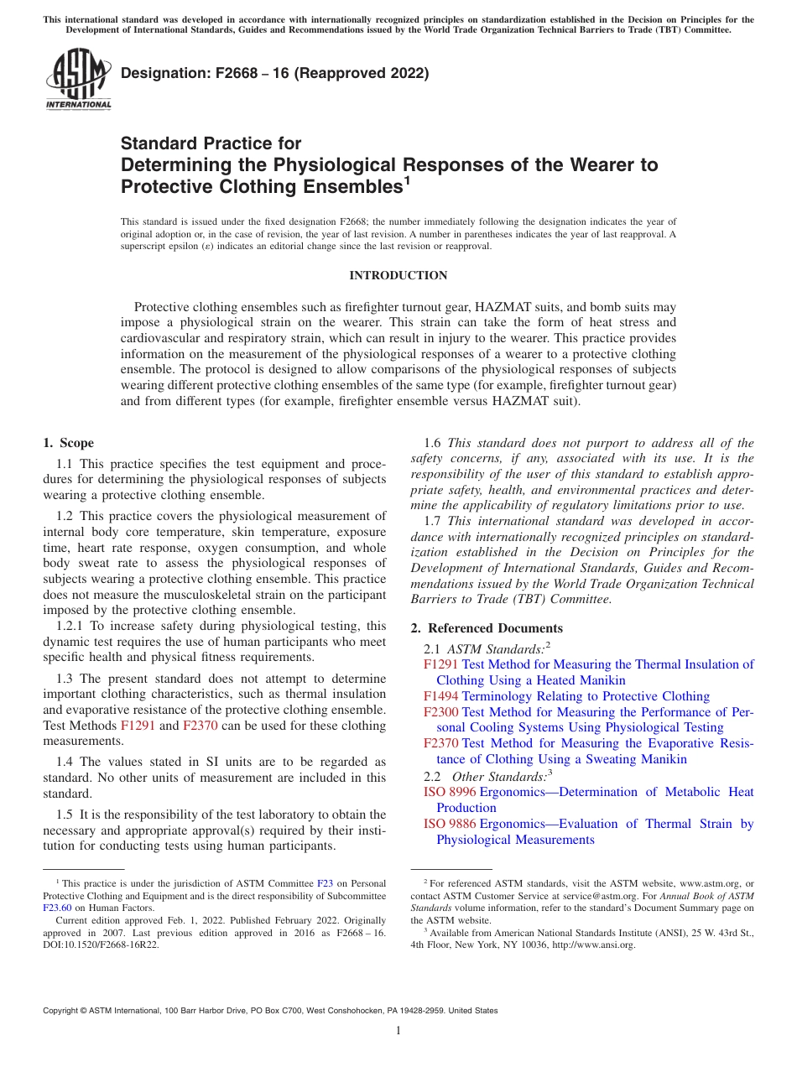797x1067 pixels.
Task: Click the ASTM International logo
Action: (x=78, y=79)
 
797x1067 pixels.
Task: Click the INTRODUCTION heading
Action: (x=398, y=276)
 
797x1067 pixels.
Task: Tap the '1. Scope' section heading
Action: (x=68, y=443)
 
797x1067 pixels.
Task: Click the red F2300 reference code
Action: (x=440, y=712)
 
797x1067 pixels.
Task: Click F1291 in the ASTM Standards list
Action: (x=440, y=664)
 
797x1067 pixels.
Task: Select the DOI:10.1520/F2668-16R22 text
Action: (x=102, y=944)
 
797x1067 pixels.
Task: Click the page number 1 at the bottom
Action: (x=398, y=1031)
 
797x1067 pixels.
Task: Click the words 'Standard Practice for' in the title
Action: (x=211, y=144)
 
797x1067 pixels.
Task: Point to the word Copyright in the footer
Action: (x=65, y=1011)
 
